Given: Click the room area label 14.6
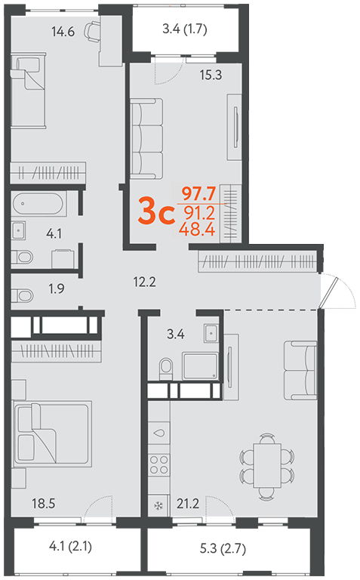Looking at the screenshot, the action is coord(63,32).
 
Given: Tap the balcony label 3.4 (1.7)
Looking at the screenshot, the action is coord(185,29).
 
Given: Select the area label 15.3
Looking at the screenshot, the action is coord(211,75).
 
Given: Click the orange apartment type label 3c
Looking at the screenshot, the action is coord(156,211).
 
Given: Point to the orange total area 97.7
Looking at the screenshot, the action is coord(198,193).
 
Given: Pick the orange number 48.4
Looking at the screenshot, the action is coord(197,230).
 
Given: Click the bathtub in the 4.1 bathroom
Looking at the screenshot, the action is coord(38,203).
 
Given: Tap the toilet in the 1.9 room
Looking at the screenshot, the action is coord(22,295).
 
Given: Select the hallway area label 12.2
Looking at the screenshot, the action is coord(144,282).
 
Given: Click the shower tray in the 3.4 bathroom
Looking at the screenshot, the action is coord(200,366).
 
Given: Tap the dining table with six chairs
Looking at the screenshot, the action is coord(267,465).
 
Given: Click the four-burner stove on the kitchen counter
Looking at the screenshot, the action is coord(159,464).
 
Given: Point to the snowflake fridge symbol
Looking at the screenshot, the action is coord(158,506).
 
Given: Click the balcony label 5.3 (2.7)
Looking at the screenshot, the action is coord(223,548).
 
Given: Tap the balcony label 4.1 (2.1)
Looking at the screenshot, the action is coord(71,546).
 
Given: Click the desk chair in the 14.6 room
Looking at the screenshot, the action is coord(92,30).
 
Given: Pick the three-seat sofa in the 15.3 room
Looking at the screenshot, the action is coord(146,139).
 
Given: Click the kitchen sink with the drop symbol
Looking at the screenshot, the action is coord(159,433).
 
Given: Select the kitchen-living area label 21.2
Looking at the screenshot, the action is coord(188,504).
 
